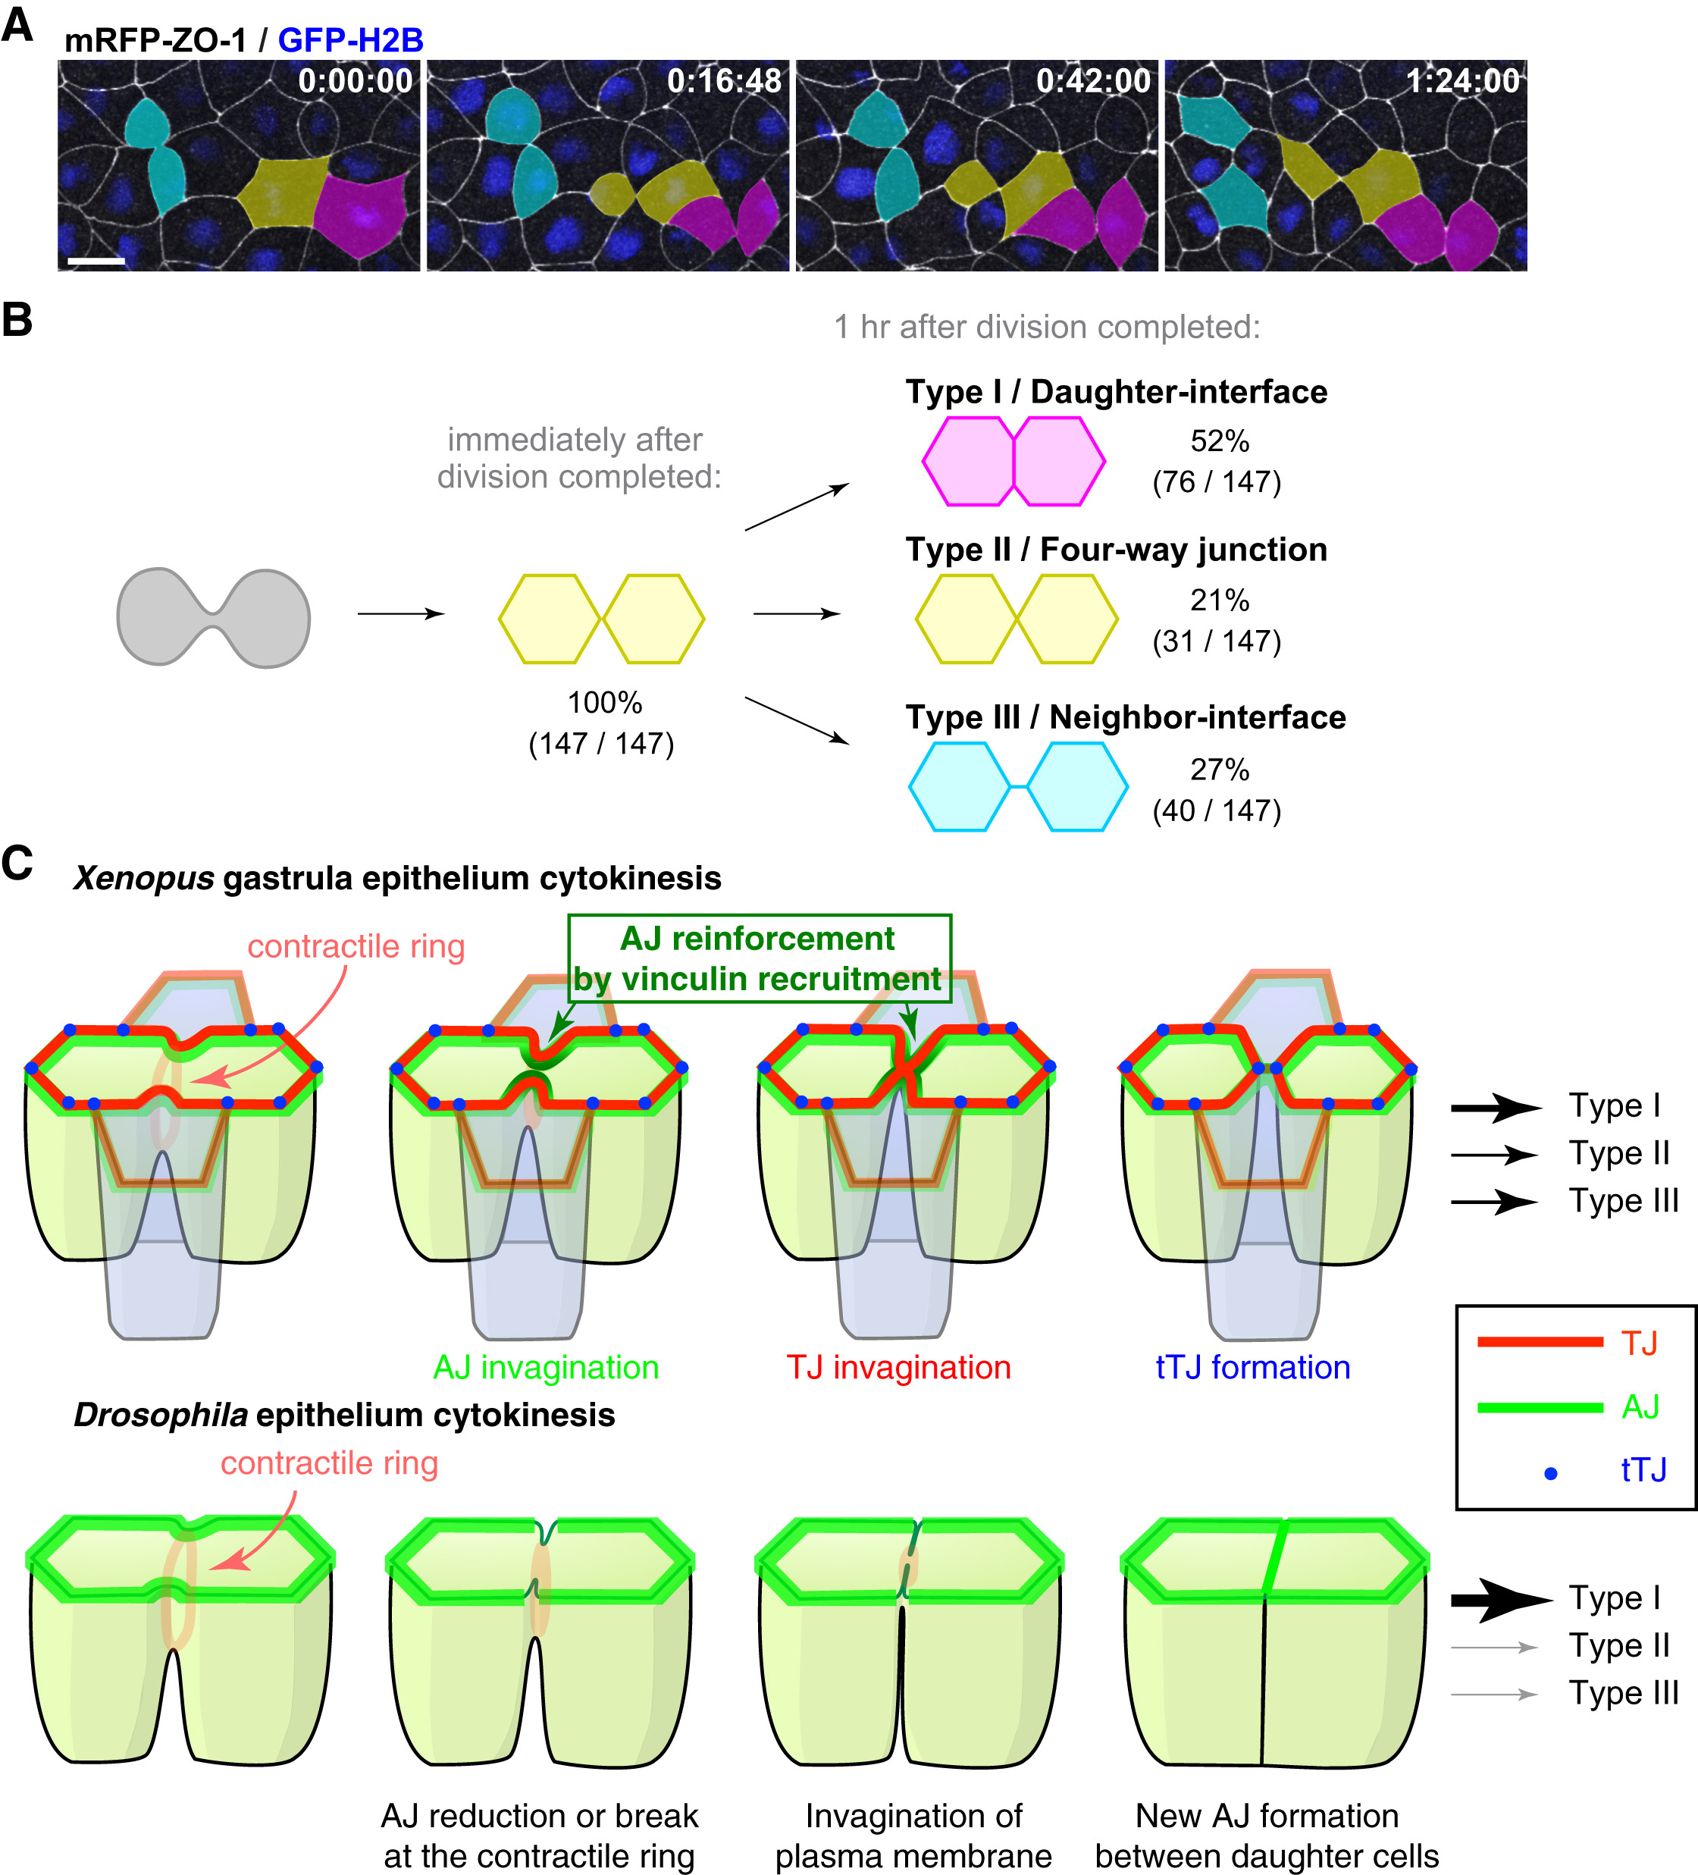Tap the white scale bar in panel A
click(96, 262)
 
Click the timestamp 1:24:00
click(1461, 82)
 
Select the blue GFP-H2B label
click(350, 40)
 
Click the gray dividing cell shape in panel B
click(213, 618)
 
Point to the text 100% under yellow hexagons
click(604, 702)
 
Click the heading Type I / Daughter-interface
click(1116, 391)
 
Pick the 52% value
click(1219, 441)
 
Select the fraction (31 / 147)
click(1217, 641)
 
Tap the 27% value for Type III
click(1219, 769)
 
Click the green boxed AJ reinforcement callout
click(759, 958)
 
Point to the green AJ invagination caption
click(546, 1367)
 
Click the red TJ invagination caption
click(898, 1367)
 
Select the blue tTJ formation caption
click(1252, 1367)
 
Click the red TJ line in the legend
click(1539, 1342)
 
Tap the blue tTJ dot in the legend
click(1550, 1473)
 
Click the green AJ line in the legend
click(1539, 1407)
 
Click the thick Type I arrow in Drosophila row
click(1499, 1600)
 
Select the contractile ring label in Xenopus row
click(356, 946)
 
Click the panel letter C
click(17, 862)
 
